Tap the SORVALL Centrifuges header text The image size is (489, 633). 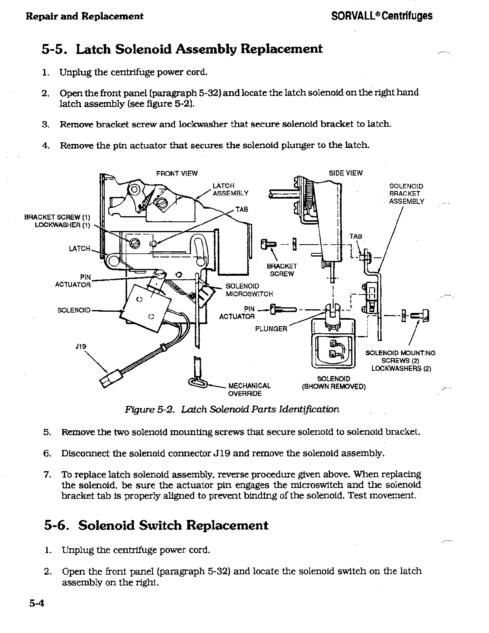382,16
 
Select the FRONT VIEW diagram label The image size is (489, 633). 177,173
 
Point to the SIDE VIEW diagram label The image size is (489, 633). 346,173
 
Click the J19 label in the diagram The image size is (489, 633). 81,346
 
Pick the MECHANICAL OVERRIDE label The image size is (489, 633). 249,390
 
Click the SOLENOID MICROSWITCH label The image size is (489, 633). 249,290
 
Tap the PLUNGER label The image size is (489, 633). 271,329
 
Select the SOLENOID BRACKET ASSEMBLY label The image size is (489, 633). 406,194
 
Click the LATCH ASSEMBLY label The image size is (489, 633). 230,189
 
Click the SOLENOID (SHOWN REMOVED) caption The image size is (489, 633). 334,382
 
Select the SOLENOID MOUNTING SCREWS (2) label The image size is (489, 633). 401,360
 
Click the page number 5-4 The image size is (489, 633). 36,614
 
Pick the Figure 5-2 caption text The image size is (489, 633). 232,410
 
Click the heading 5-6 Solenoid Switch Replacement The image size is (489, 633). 156,525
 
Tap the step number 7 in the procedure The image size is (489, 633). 46,475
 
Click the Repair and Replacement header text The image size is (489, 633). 84,16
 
